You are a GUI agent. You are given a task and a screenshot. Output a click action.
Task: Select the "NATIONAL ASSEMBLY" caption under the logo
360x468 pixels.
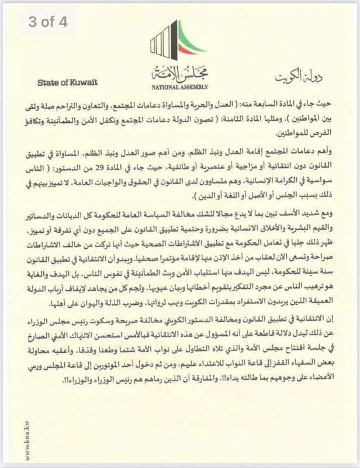180,87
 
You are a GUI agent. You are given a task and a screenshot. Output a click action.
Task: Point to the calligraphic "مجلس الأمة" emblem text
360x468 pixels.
179,73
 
